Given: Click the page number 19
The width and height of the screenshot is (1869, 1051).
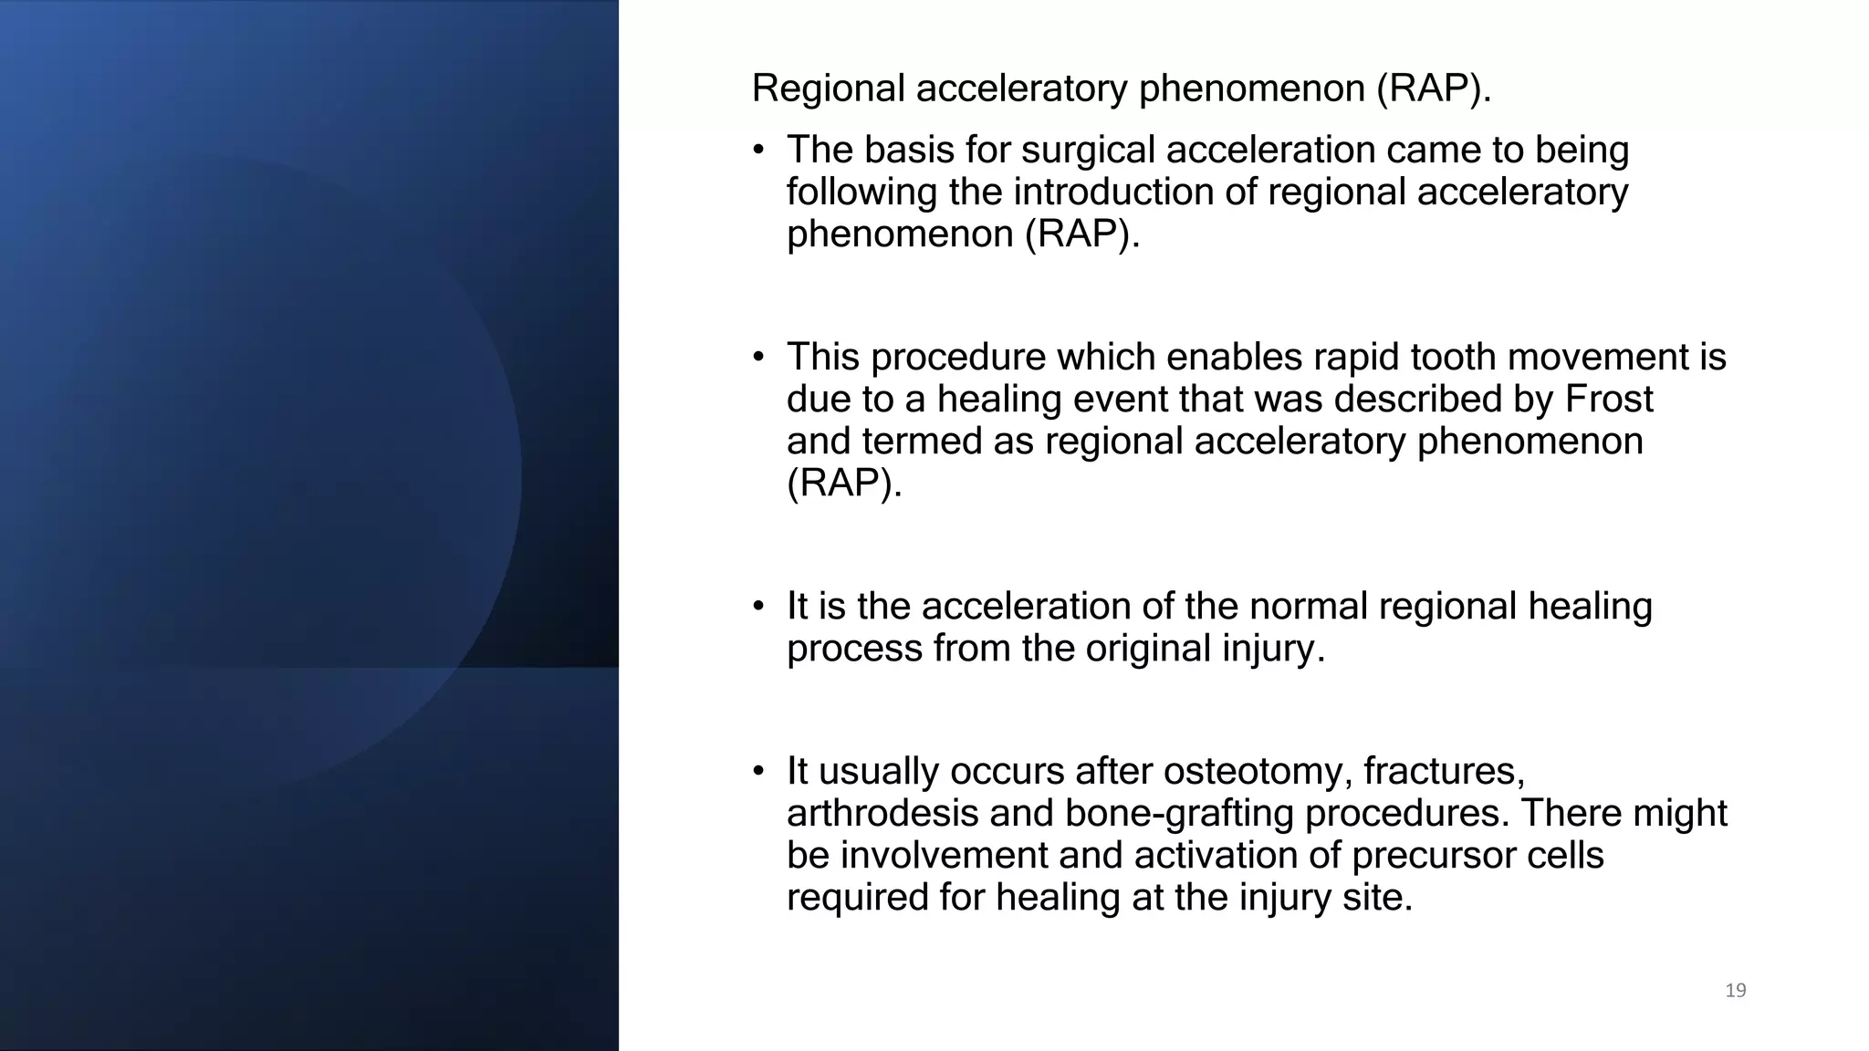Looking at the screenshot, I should pos(1735,991).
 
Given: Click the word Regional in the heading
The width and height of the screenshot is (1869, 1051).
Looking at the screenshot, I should pos(827,89).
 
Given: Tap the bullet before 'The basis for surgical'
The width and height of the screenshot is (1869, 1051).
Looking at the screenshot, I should pos(758,151).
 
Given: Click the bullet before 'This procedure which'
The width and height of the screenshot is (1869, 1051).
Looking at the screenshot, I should pos(758,359).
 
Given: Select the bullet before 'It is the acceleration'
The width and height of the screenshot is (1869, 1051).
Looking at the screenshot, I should pos(758,608).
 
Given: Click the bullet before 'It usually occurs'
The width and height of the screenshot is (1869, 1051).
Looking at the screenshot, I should pos(758,773).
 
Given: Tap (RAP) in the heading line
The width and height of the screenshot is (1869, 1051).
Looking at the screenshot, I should pos(1433,89).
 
